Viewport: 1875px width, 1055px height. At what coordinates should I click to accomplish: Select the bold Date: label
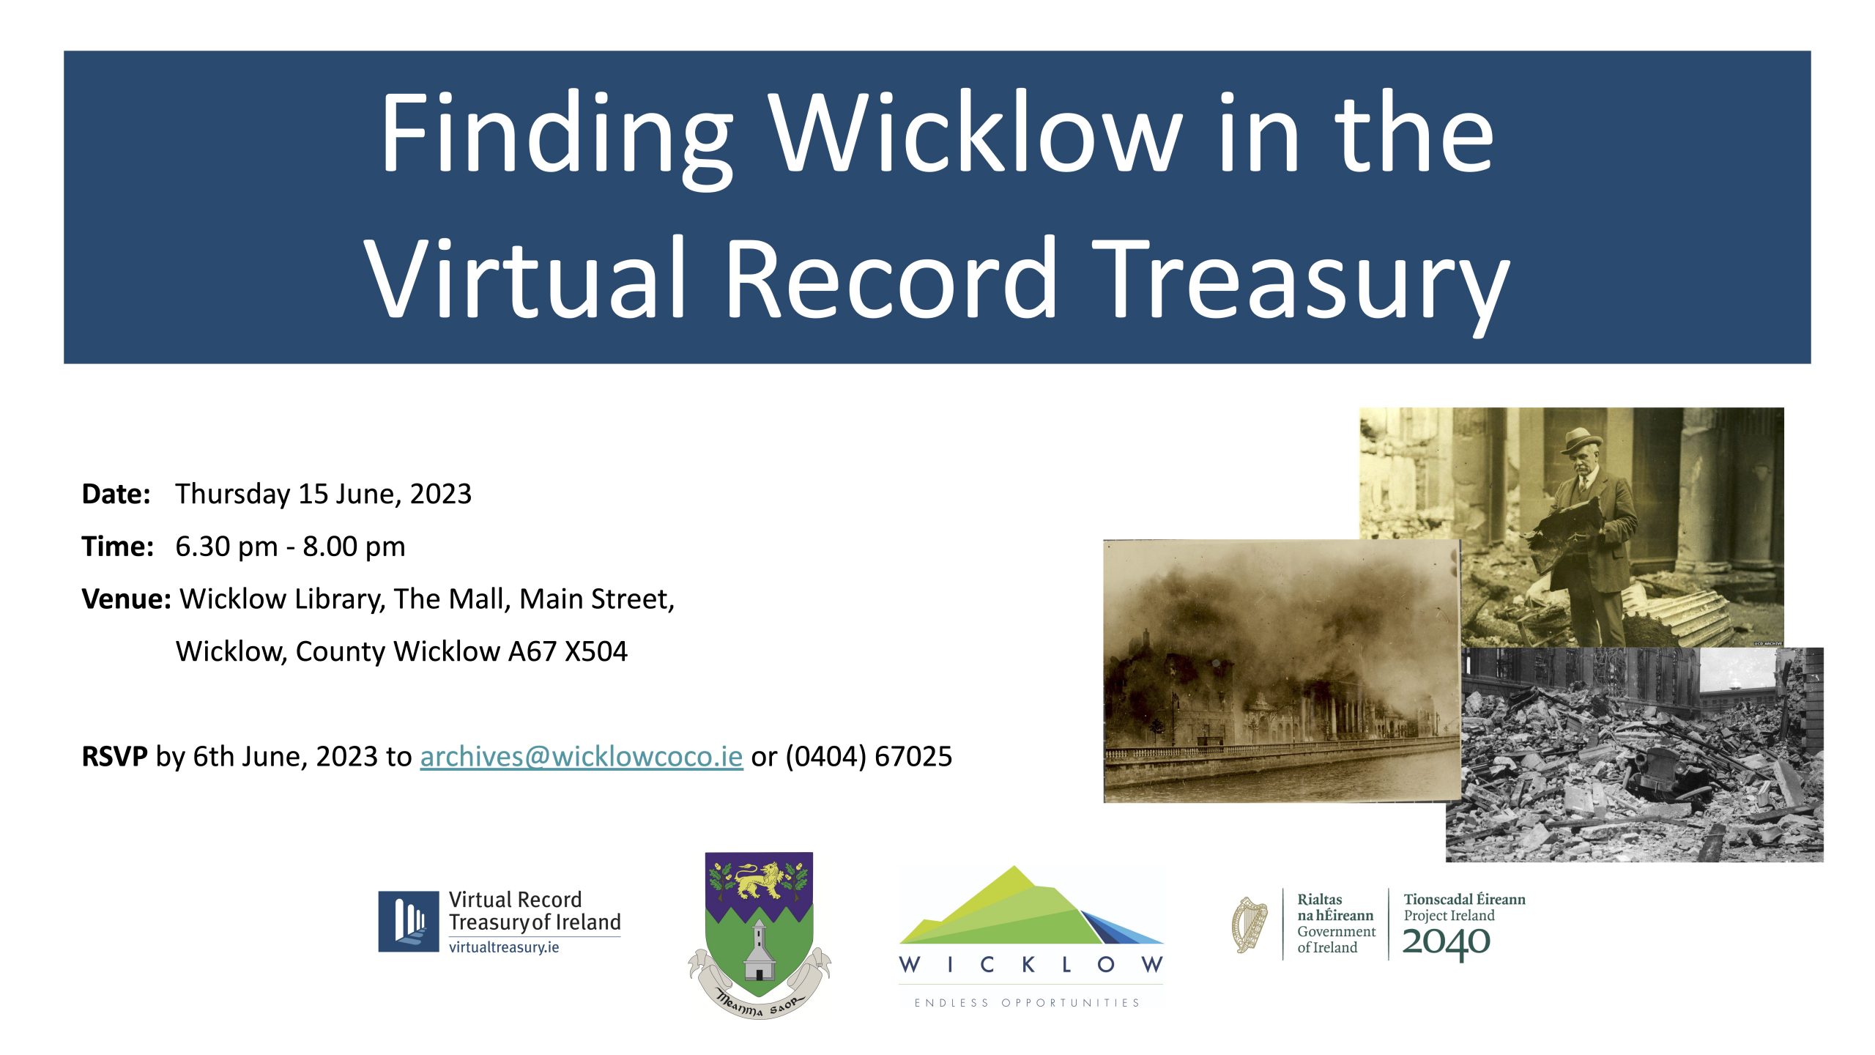(x=116, y=494)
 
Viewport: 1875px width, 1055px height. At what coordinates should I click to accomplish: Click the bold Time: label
(x=117, y=547)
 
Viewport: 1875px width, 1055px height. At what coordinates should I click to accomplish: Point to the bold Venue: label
(x=126, y=599)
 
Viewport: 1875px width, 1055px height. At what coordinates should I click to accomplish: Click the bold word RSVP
(x=114, y=756)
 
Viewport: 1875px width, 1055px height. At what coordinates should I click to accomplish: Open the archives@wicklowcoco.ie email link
(x=581, y=757)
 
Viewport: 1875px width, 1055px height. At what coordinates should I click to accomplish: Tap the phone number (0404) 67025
(x=869, y=757)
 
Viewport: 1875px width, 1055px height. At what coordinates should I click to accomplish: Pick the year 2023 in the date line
(x=440, y=495)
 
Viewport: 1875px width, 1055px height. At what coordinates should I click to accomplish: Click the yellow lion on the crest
(x=759, y=880)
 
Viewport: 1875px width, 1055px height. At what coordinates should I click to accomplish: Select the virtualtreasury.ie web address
(x=504, y=947)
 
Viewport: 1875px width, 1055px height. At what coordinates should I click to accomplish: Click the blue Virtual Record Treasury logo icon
(x=408, y=922)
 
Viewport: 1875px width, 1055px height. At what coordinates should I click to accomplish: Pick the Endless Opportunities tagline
(x=1027, y=1003)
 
